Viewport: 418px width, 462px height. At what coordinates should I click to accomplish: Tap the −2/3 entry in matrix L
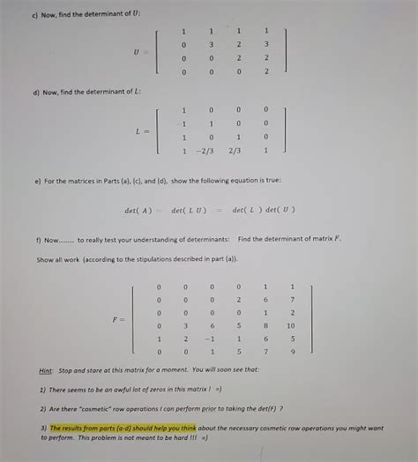tap(208, 150)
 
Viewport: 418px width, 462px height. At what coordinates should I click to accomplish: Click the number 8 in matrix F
tap(265, 326)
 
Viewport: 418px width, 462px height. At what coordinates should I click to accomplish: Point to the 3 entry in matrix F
tap(184, 326)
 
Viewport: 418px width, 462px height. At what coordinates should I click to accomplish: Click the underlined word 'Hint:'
tap(46, 370)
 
